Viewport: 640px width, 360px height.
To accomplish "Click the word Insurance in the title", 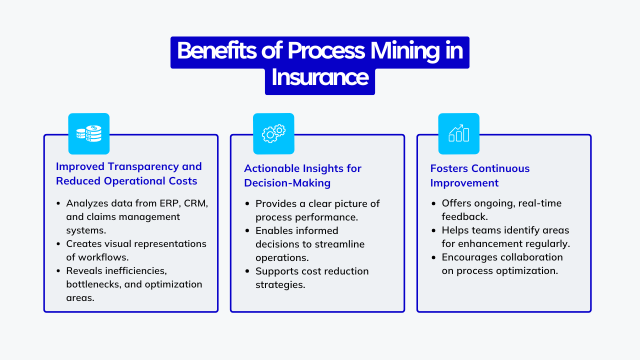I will (320, 77).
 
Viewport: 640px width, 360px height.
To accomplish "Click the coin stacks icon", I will (88, 134).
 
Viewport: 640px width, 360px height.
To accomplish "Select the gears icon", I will (273, 133).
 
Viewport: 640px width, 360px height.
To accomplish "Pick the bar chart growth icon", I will (458, 133).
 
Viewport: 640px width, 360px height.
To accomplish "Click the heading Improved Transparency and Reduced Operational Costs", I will (128, 173).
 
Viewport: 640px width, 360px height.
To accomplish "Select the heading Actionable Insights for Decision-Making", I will (302, 175).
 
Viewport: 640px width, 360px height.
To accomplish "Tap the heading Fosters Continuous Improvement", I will (479, 175).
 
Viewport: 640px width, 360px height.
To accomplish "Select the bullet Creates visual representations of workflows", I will (136, 250).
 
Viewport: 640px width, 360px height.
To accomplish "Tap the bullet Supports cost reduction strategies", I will (311, 277).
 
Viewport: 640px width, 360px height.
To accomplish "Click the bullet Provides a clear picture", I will (317, 210).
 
